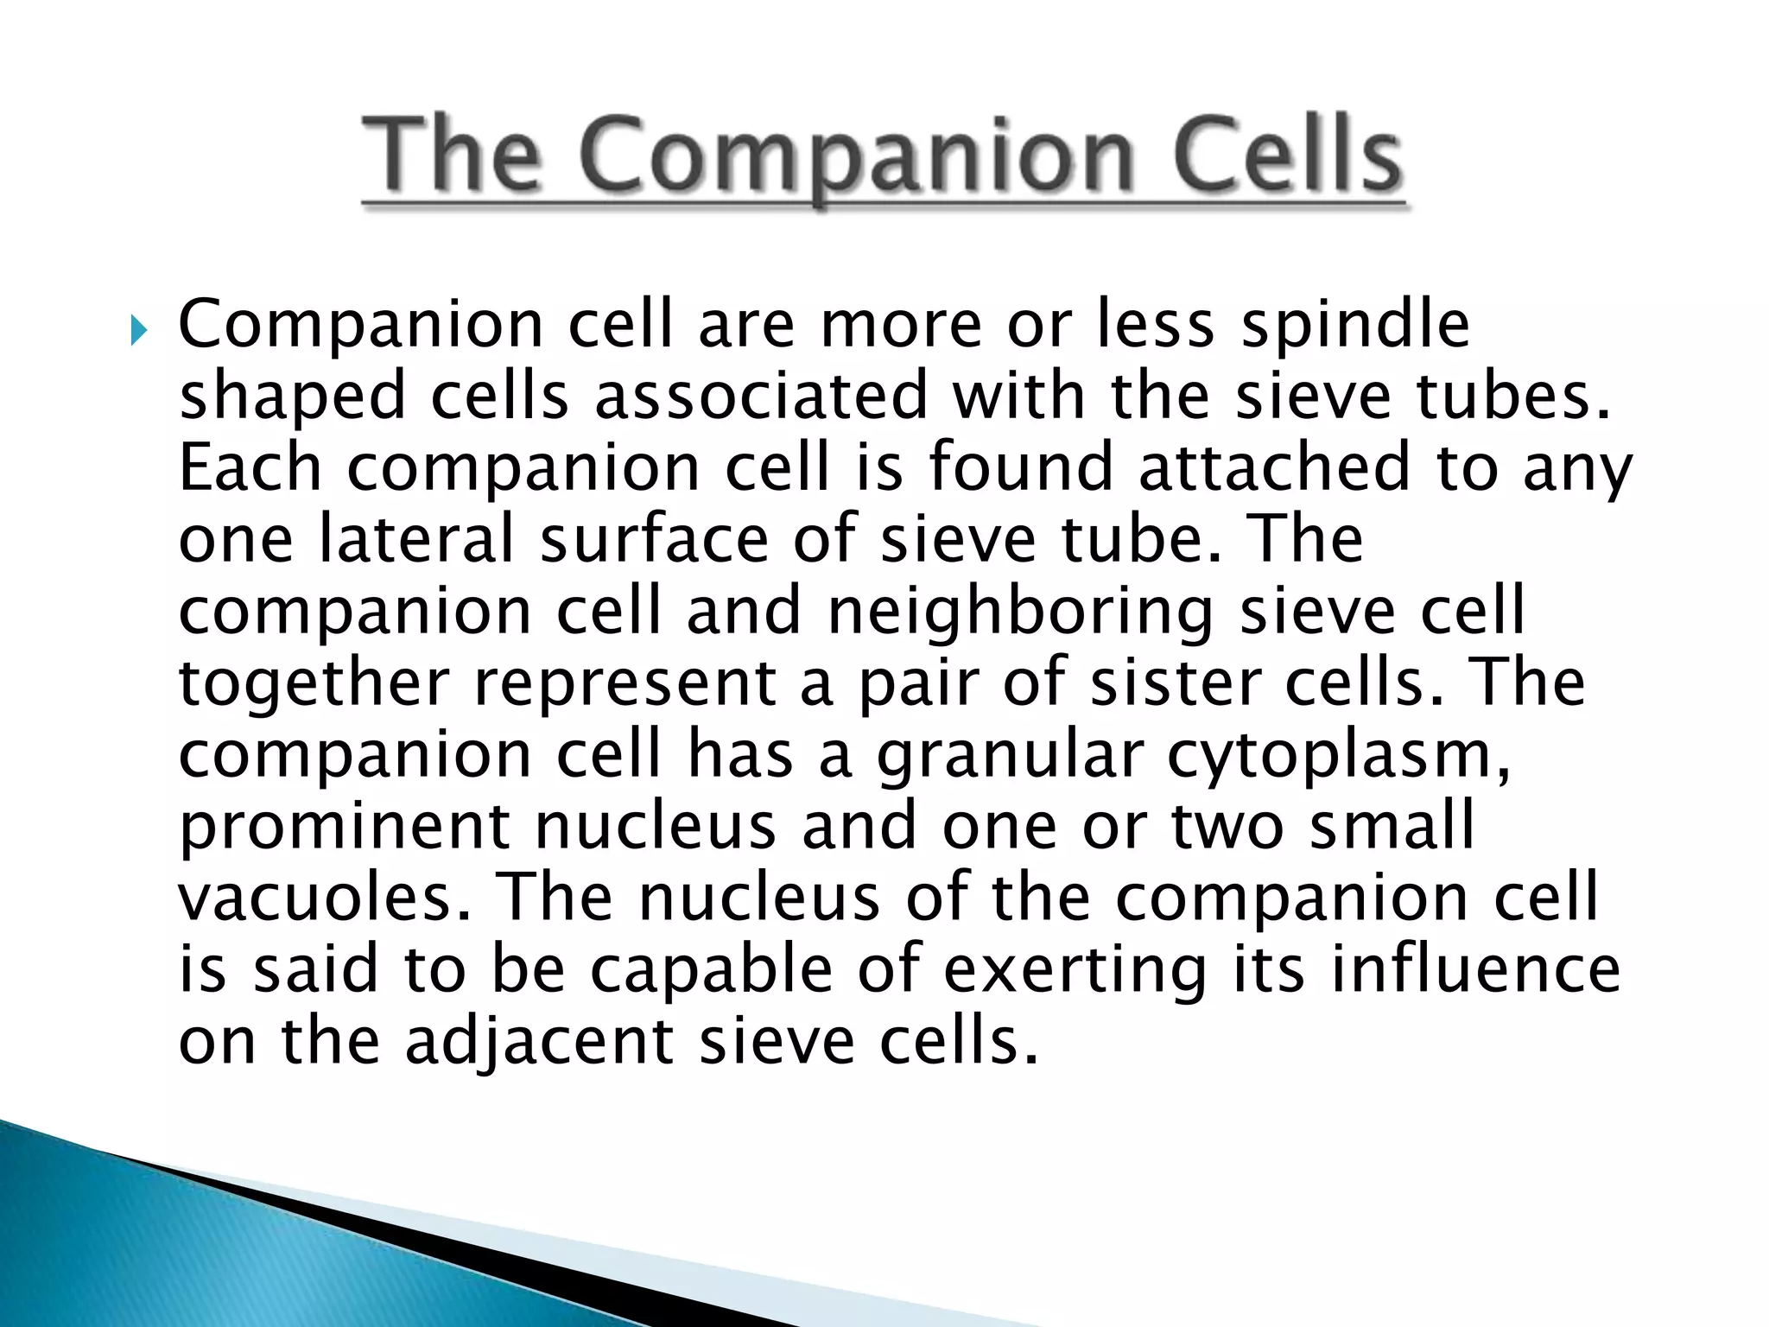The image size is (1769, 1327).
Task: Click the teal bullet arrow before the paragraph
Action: click(138, 330)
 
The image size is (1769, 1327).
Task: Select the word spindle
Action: click(1355, 325)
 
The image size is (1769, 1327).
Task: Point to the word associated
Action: click(760, 397)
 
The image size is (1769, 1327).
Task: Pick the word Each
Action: click(250, 467)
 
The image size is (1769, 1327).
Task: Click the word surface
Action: click(654, 539)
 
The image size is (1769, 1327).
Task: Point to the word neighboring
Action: click(1020, 612)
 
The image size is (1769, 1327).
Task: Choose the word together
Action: click(314, 683)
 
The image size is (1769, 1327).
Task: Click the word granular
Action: click(1010, 756)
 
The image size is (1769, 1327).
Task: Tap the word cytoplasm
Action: click(1339, 756)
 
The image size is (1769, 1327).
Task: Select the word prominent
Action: click(344, 827)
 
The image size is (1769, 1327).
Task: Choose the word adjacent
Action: click(539, 1042)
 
